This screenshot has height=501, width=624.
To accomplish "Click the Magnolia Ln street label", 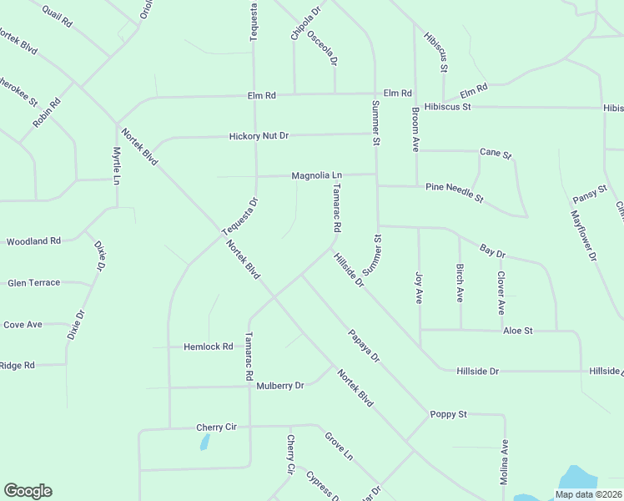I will click(316, 175).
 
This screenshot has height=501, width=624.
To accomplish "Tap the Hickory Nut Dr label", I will click(259, 135).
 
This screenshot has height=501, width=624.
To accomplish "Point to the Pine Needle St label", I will click(455, 192).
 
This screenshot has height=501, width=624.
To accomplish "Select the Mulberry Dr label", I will click(280, 386).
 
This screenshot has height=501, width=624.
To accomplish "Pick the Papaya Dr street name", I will click(364, 346).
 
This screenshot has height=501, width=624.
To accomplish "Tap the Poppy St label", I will click(448, 414).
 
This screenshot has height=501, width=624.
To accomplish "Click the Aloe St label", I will click(517, 331).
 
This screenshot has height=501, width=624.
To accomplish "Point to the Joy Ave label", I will click(419, 286).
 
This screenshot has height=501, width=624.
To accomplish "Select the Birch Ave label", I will click(460, 285).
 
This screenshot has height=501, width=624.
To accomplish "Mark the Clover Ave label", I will click(501, 292).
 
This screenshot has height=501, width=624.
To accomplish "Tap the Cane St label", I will click(495, 153).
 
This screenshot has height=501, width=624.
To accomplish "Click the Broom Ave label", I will click(415, 129).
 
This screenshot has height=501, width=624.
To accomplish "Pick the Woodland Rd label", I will click(33, 241).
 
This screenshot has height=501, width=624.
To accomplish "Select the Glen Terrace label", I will click(34, 283).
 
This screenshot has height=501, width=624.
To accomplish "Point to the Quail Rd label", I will click(56, 17).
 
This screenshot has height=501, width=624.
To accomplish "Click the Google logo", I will click(28, 491).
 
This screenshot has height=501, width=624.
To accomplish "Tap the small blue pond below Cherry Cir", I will click(204, 442).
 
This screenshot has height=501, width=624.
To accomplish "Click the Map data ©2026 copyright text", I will click(588, 494).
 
